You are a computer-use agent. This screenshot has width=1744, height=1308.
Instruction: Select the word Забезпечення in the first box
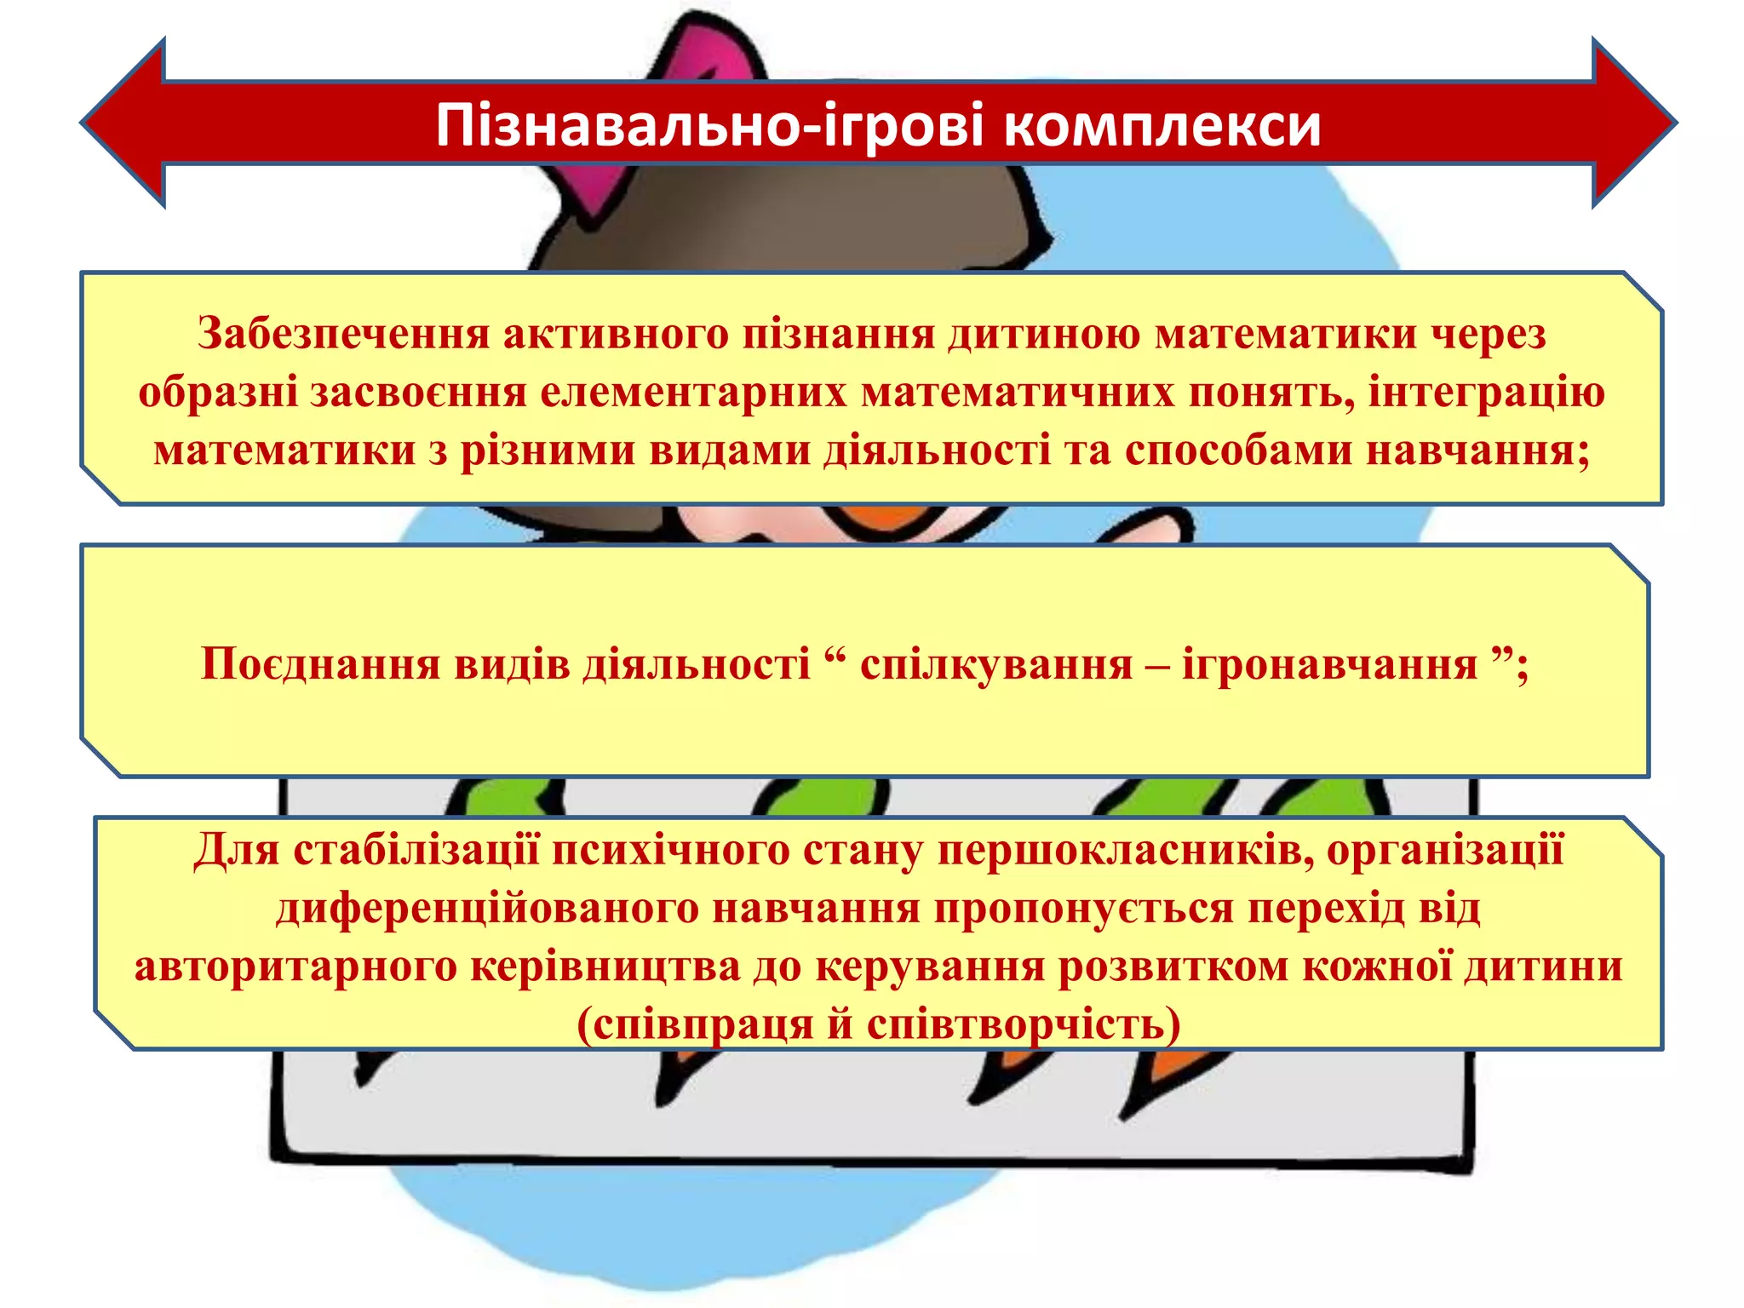tap(343, 333)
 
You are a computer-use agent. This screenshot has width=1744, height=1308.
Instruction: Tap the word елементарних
tap(693, 393)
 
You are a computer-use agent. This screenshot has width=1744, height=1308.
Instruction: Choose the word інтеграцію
tap(1486, 393)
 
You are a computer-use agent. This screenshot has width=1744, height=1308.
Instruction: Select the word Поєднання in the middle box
tap(320, 663)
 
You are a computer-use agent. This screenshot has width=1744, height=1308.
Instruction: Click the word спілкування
tap(996, 663)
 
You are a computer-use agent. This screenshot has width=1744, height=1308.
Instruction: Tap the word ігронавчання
tap(1329, 663)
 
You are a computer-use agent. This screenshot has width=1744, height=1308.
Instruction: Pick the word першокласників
tap(1125, 850)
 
